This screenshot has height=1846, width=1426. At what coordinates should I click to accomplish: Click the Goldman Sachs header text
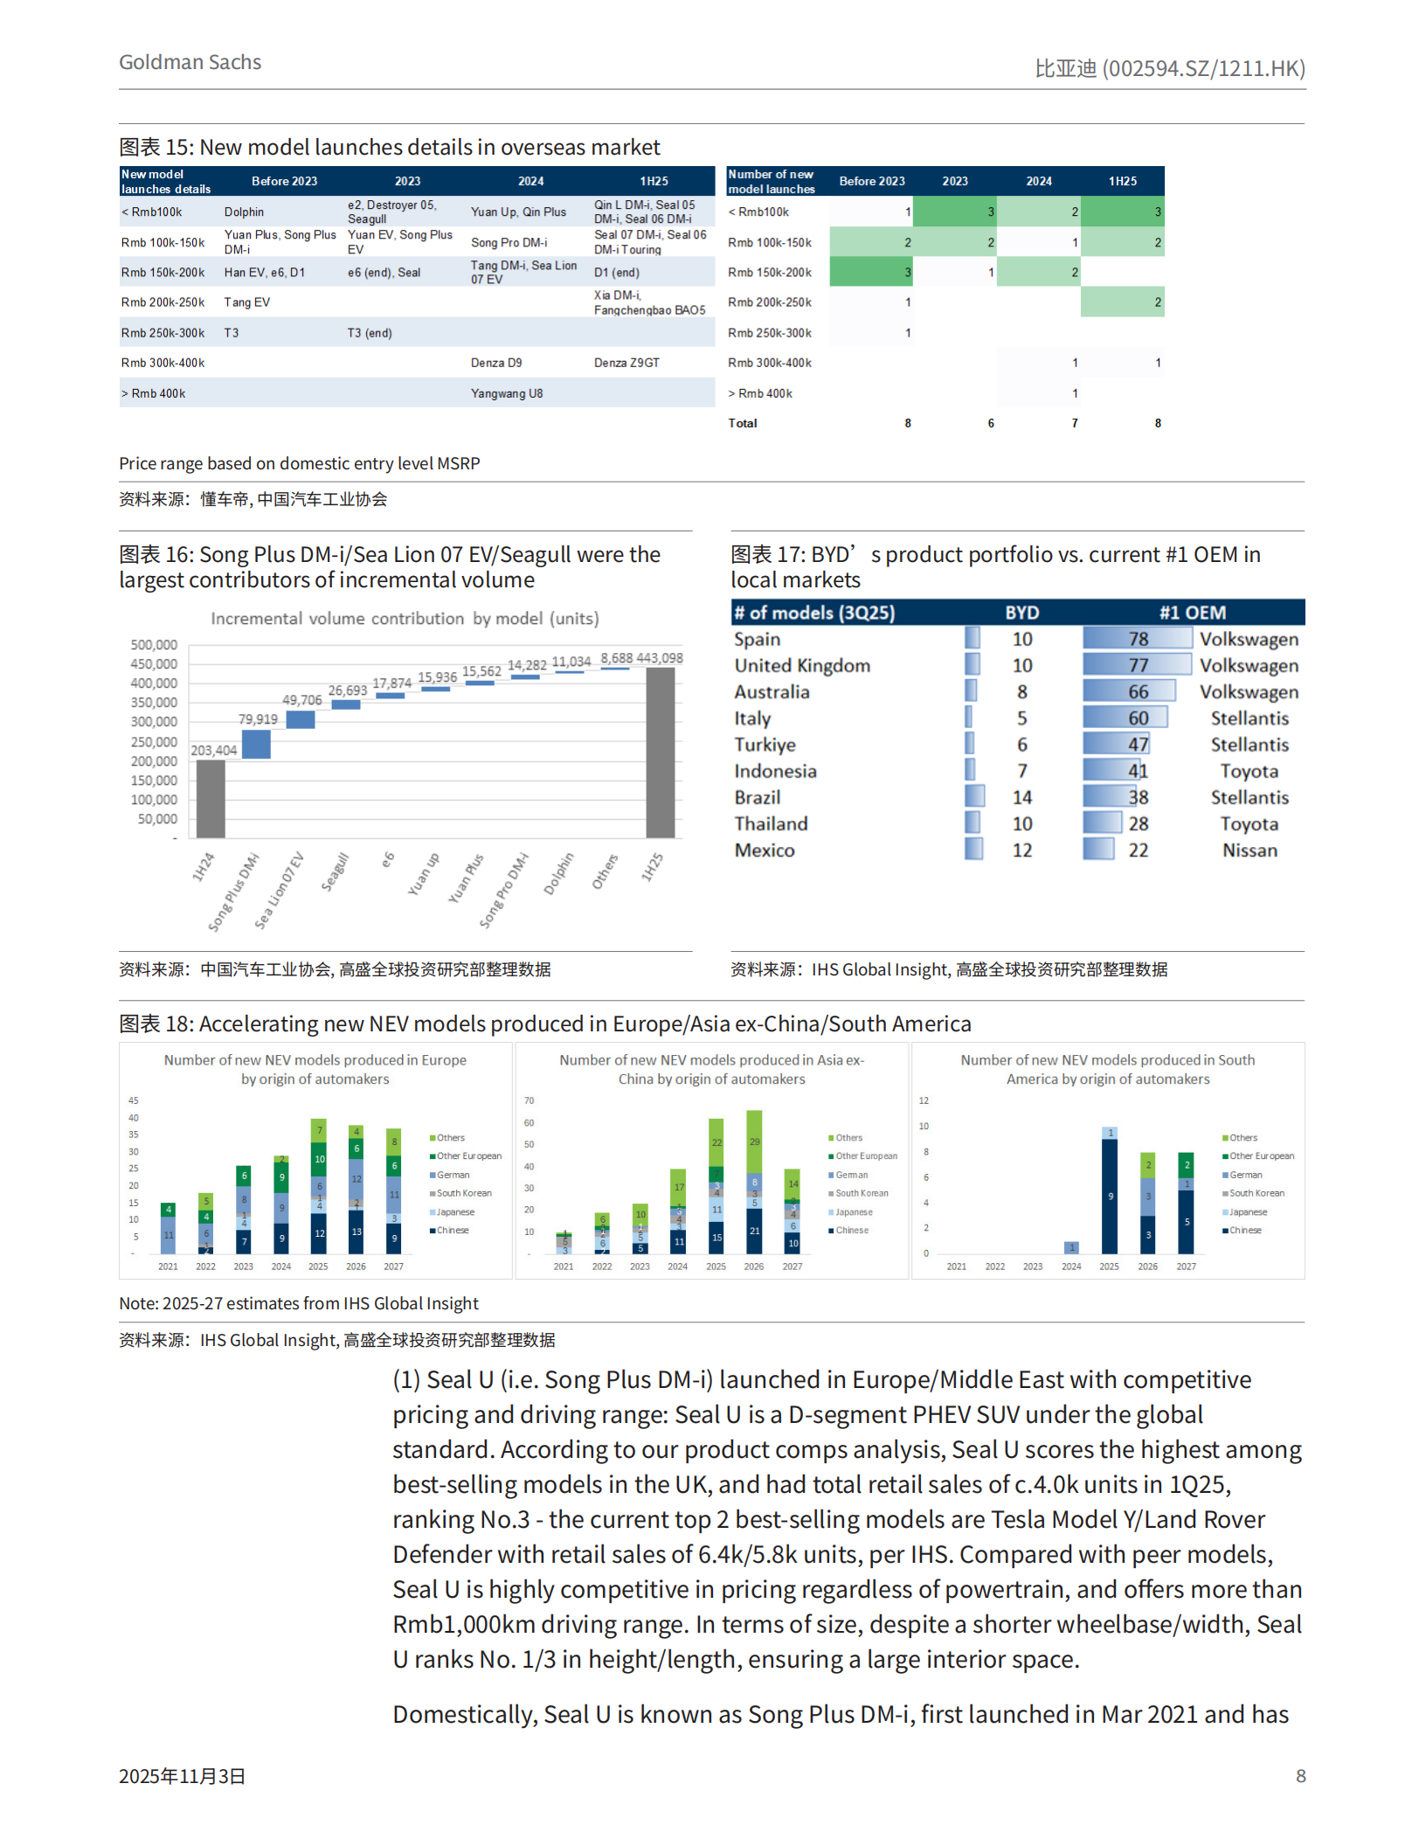click(190, 62)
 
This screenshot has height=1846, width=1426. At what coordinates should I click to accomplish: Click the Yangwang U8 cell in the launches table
click(507, 393)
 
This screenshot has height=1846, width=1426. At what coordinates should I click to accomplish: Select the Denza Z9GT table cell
click(626, 363)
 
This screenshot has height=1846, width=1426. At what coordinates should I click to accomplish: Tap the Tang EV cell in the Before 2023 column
click(247, 302)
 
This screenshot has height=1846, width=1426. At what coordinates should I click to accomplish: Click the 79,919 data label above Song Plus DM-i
click(258, 719)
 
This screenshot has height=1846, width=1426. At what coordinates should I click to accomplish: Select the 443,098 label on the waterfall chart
click(660, 658)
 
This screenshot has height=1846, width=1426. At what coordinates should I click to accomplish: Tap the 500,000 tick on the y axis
click(154, 645)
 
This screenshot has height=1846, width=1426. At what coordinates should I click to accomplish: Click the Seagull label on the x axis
click(336, 871)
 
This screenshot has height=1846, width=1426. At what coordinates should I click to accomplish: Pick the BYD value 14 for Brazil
click(1021, 797)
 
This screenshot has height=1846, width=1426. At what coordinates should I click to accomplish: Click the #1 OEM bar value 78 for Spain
click(1138, 639)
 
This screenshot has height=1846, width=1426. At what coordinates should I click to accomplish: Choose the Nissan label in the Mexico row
click(1249, 850)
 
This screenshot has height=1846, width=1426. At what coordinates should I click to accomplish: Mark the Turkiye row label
click(765, 745)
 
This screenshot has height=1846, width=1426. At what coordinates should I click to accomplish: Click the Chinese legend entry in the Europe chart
click(453, 1231)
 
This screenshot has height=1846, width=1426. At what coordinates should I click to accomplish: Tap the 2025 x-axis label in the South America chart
click(1109, 1267)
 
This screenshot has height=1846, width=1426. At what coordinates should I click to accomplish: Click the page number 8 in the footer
click(1300, 1776)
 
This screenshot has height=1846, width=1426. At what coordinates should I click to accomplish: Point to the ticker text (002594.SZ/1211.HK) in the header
click(1203, 68)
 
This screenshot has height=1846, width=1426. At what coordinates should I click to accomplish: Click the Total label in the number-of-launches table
click(743, 423)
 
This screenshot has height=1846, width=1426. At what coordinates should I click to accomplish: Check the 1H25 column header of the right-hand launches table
click(1123, 181)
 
